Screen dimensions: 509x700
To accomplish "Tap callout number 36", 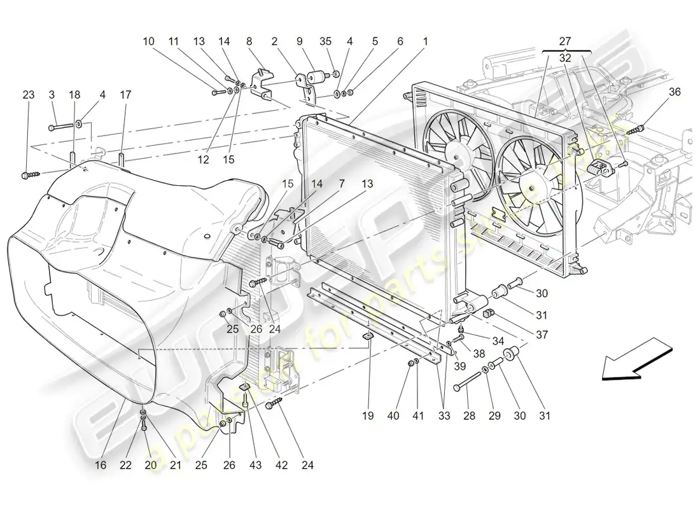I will (675, 92).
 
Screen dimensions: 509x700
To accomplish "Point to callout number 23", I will (28, 95).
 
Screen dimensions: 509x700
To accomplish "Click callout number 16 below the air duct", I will (101, 465).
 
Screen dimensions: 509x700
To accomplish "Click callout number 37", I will (542, 335).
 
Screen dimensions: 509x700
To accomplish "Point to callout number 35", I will (326, 41).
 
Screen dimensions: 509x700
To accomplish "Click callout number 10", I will (148, 41).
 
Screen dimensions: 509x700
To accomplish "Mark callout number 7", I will (342, 183).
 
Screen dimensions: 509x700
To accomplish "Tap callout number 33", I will (444, 416).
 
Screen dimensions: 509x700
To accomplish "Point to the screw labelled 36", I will (634, 130).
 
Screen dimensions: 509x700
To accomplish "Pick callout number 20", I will (150, 465).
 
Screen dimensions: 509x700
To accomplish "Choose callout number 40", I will (395, 416).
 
